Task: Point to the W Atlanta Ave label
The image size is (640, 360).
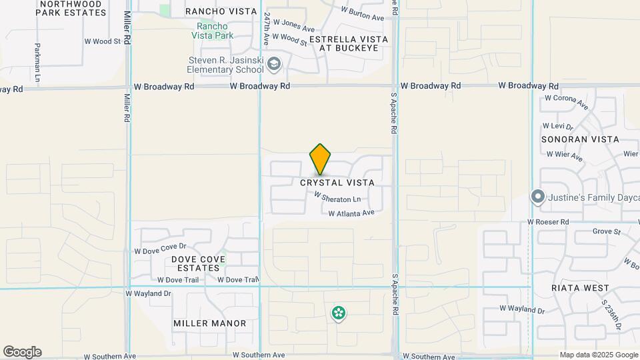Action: coord(351,213)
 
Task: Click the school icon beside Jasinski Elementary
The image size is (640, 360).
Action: coord(273,65)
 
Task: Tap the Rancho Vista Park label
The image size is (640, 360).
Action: coord(211,30)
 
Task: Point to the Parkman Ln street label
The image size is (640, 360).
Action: coord(38,59)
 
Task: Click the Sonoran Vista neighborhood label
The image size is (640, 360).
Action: coord(580,139)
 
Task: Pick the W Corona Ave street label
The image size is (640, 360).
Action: coord(567,101)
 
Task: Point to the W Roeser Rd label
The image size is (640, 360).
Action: coord(548,221)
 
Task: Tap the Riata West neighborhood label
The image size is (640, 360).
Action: coord(580,288)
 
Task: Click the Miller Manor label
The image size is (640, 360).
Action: coord(210,323)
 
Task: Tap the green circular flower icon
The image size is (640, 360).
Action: coord(339,313)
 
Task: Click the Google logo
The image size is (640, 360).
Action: coord(22,352)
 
